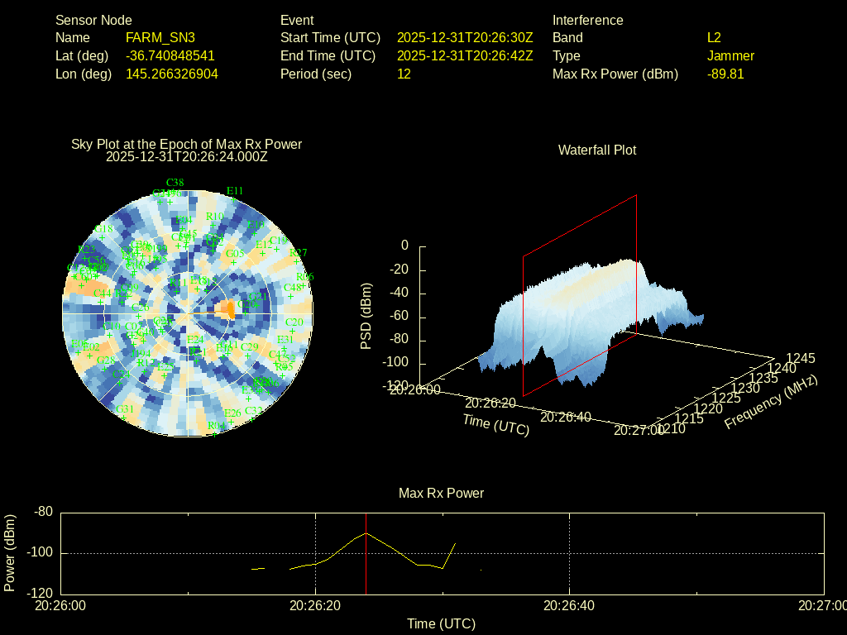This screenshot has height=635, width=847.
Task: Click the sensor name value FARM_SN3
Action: pos(160,37)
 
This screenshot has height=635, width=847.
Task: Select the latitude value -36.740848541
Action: pos(170,55)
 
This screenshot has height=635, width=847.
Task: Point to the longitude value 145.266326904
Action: pos(172,74)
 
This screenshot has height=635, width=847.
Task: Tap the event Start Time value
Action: pos(465,37)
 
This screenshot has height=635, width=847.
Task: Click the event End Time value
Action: pos(465,55)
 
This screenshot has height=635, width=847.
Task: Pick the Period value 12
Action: pos(404,74)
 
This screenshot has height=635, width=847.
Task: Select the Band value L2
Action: pos(714,37)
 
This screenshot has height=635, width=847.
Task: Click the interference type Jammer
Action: pos(730,55)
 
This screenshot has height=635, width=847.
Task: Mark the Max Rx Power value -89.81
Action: pos(725,74)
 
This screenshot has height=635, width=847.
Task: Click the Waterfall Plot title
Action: pos(597,150)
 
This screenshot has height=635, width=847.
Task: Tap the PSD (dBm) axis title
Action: pos(366,316)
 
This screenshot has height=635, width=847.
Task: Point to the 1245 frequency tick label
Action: pos(800,358)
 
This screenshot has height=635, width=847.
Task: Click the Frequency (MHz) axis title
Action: pos(771,402)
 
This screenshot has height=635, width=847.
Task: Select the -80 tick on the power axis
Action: pos(43,513)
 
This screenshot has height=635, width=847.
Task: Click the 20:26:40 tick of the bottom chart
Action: pos(569,605)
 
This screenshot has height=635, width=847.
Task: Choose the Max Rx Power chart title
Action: pos(441,493)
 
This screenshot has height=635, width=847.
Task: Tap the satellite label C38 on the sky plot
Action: pos(175,182)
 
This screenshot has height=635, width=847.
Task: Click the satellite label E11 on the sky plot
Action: pos(235,191)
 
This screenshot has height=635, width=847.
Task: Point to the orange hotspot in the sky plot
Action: pos(224,308)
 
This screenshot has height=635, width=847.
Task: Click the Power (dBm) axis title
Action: pos(10,552)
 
